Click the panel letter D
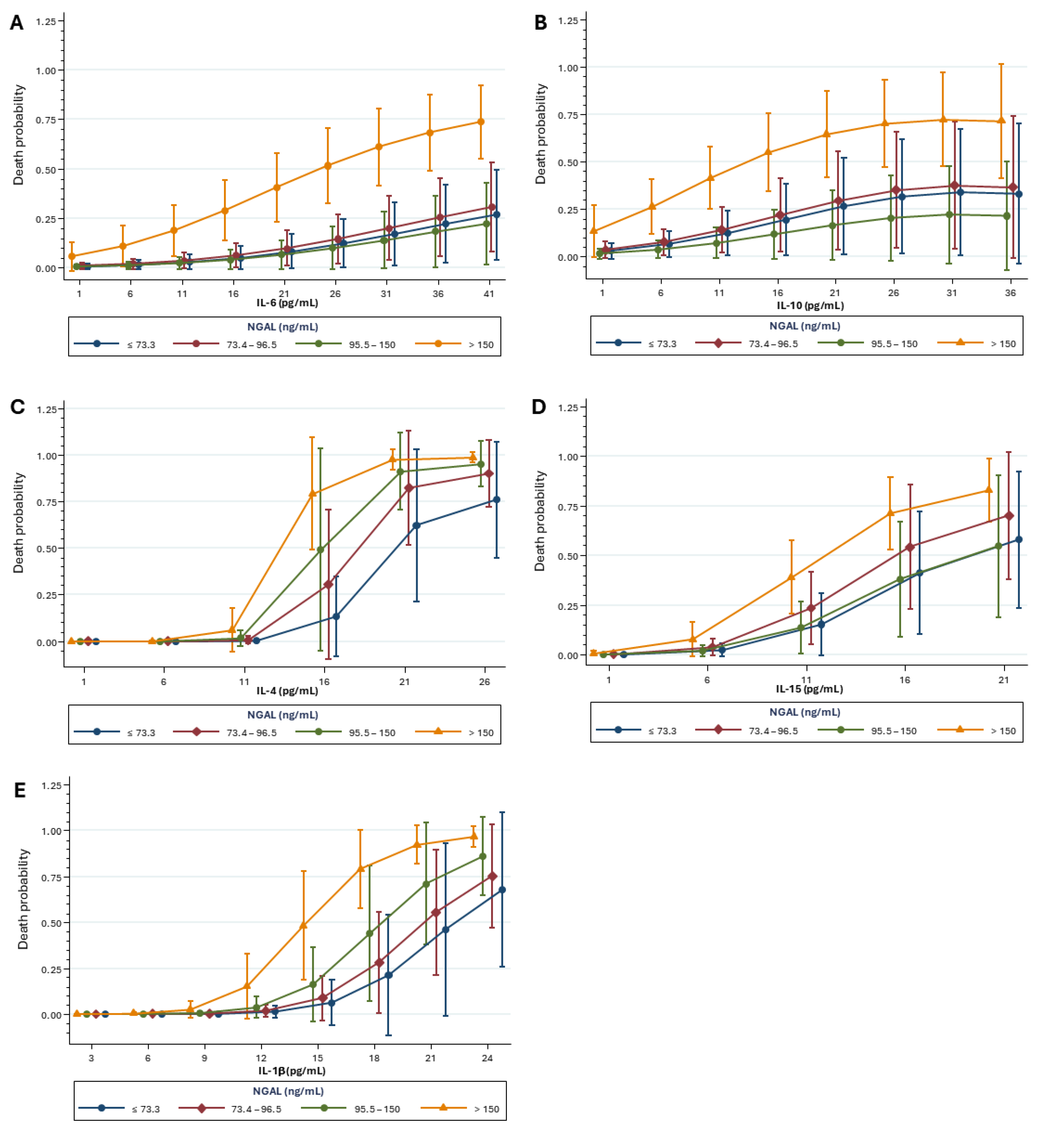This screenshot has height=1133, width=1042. tap(539, 407)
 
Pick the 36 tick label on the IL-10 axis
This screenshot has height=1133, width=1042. tap(1010, 293)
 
